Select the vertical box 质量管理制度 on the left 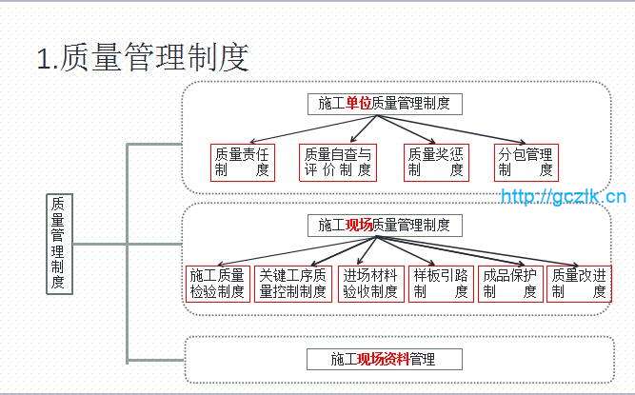(x=58, y=244)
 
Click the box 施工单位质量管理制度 (x=385, y=104)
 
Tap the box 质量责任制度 (x=242, y=163)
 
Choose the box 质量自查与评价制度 (x=338, y=163)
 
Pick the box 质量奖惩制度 (x=435, y=163)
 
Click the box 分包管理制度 (x=526, y=163)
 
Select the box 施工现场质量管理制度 (x=385, y=226)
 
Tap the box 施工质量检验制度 (x=217, y=284)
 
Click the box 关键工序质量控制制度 (x=293, y=284)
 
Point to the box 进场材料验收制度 (x=370, y=284)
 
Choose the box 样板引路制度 (x=441, y=284)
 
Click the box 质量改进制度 (x=579, y=284)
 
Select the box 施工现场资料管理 (x=385, y=359)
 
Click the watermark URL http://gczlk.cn (x=564, y=197)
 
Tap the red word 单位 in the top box (x=358, y=104)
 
